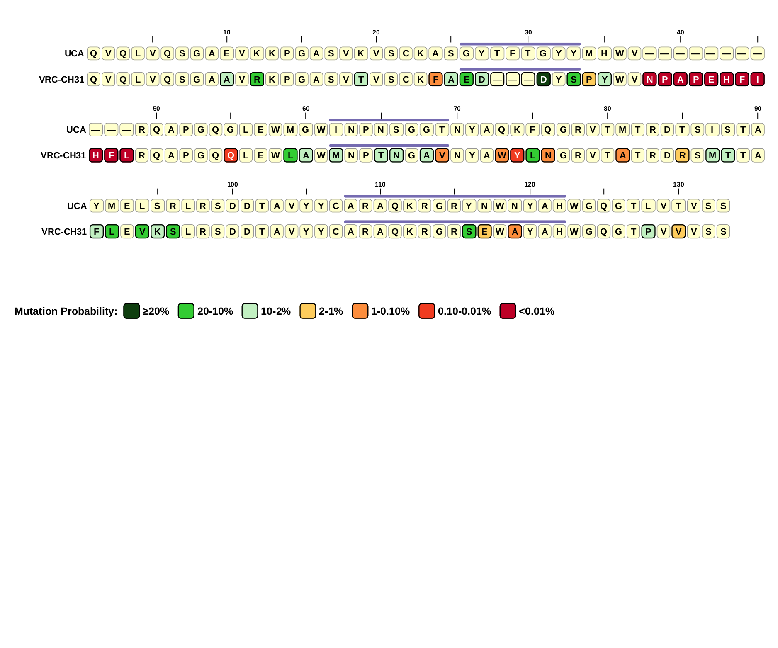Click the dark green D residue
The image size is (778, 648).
pyautogui.click(x=543, y=79)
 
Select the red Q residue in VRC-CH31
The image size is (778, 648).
pyautogui.click(x=231, y=155)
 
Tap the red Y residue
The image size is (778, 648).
pyautogui.click(x=517, y=155)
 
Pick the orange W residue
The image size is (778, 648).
pyautogui.click(x=502, y=155)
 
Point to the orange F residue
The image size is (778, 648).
pyautogui.click(x=435, y=79)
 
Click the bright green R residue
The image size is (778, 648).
pyautogui.click(x=257, y=79)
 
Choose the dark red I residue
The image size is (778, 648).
pyautogui.click(x=757, y=79)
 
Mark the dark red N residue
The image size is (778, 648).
pyautogui.click(x=649, y=79)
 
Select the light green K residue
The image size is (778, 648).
pyautogui.click(x=158, y=231)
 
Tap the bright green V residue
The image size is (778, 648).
pyautogui.click(x=142, y=231)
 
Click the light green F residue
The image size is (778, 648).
pyautogui.click(x=97, y=231)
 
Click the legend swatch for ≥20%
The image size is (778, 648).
pyautogui.click(x=131, y=311)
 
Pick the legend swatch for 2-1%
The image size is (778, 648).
pyautogui.click(x=308, y=311)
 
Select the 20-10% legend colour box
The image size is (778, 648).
pyautogui.click(x=186, y=311)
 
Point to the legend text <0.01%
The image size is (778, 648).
pyautogui.click(x=536, y=311)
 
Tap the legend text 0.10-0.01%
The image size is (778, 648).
pyautogui.click(x=464, y=311)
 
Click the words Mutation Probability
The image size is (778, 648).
pyautogui.click(x=66, y=311)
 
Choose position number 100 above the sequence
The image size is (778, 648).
pyautogui.click(x=232, y=184)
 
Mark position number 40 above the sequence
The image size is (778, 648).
pyautogui.click(x=680, y=32)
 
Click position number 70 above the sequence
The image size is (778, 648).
pyautogui.click(x=457, y=109)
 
